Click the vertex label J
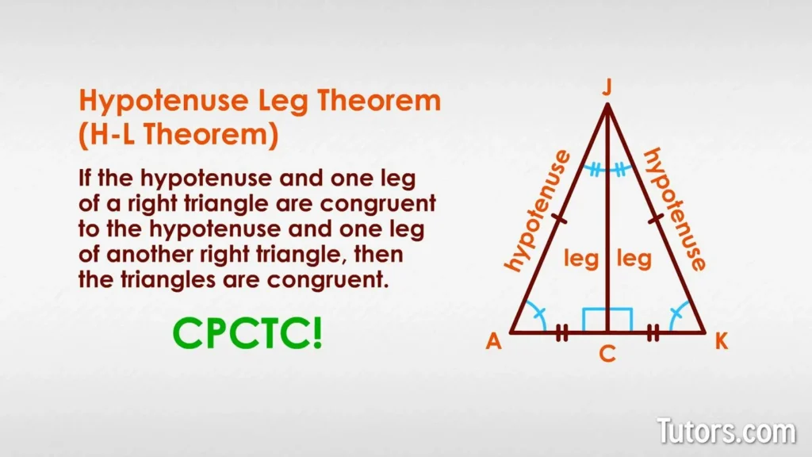607,88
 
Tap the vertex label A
493,342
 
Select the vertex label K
721,342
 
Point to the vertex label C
607,355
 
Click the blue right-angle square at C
607,320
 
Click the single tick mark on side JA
557,219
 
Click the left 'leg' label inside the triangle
580,259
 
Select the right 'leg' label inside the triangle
634,259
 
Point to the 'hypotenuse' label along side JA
537,211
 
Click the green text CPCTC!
248,333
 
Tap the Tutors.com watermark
725,432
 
